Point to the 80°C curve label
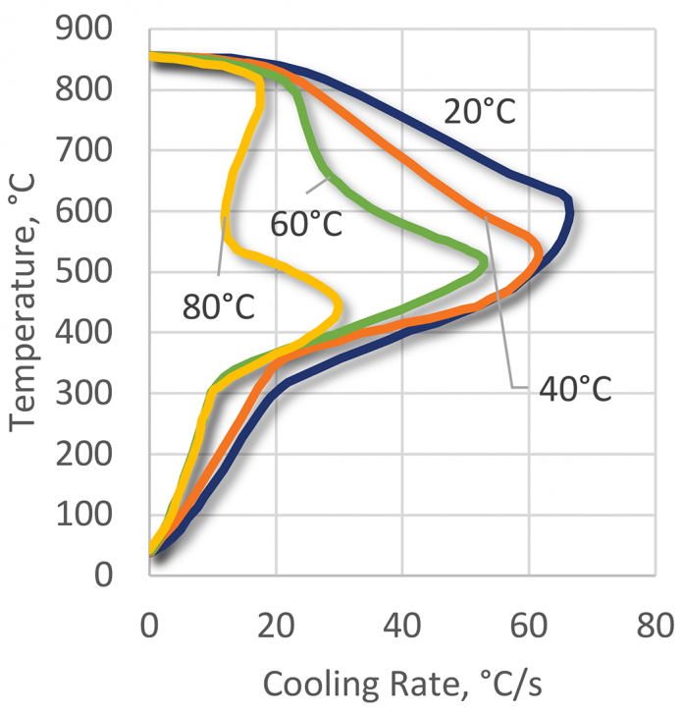click(218, 306)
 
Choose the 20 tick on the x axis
click(276, 624)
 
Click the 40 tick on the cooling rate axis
click(402, 624)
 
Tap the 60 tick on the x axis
click(529, 624)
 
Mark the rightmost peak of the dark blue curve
click(570, 211)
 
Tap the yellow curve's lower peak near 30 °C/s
click(339, 308)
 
